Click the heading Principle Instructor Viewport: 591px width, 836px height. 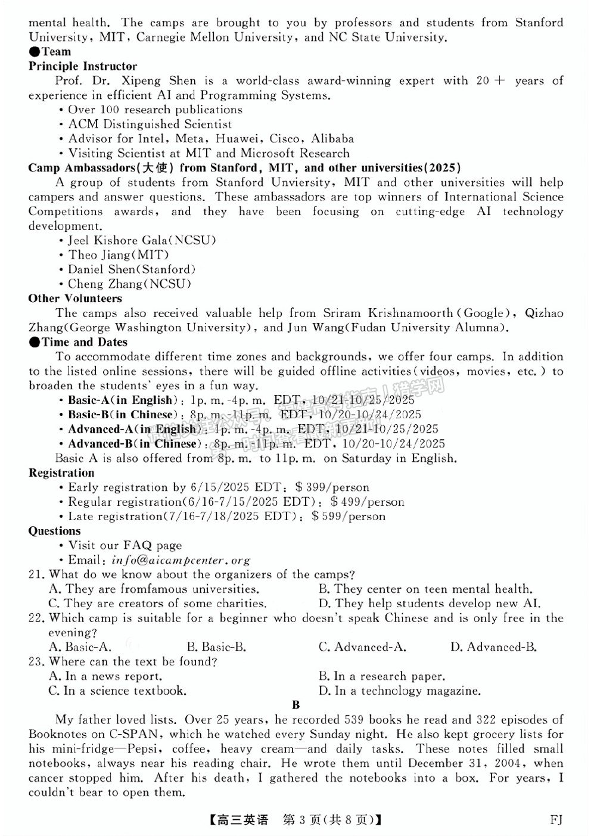[82, 66]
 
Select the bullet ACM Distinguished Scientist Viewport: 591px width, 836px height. [150, 124]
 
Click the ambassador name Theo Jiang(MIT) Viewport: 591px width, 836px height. [118, 255]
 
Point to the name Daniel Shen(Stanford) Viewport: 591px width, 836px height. [131, 269]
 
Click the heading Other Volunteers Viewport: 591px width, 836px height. [75, 299]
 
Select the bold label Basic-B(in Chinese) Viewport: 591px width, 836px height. [122, 415]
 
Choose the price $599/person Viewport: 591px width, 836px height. [349, 517]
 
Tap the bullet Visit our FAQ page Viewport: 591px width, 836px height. [125, 545]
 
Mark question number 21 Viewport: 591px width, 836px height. [36, 574]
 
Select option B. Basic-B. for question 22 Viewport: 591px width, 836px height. [216, 647]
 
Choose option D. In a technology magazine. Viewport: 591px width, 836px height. [399, 691]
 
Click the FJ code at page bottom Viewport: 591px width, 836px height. [555, 820]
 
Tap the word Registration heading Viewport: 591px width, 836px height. [61, 473]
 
